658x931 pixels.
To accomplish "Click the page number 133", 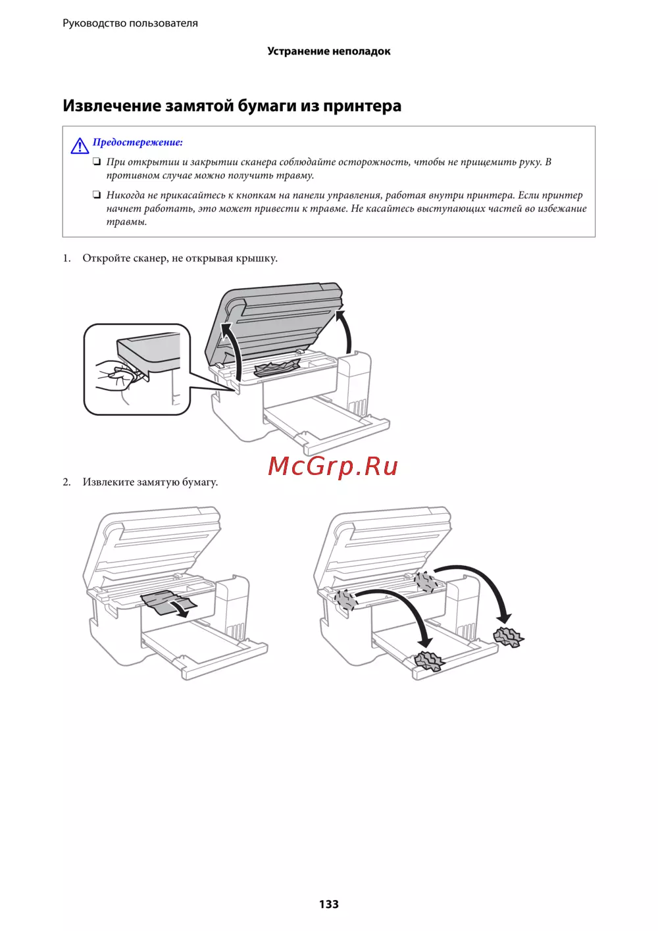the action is click(329, 904).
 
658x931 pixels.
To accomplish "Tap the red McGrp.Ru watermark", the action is click(333, 466).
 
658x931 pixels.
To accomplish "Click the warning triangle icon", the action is click(80, 145).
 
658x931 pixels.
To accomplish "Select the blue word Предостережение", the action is click(138, 142).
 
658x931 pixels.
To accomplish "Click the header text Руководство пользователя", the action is click(130, 23).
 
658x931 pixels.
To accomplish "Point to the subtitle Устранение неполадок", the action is click(329, 51).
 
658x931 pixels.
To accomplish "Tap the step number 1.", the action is click(66, 258).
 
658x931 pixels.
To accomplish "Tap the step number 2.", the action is click(66, 482).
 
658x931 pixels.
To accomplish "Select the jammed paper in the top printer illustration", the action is click(277, 368).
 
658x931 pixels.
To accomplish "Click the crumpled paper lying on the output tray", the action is click(430, 661).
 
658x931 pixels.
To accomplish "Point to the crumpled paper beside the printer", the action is click(509, 637).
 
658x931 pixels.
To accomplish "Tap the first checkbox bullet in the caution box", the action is click(97, 162).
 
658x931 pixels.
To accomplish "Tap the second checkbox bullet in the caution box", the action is click(97, 195).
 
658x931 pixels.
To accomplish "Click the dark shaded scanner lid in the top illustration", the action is click(274, 322).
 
